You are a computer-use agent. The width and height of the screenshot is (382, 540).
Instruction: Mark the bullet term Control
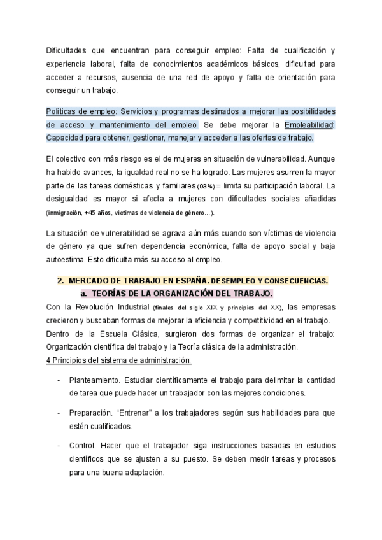pyautogui.click(x=83, y=444)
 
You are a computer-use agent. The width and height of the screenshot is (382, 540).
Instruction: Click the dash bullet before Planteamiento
pyautogui.click(x=59, y=381)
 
